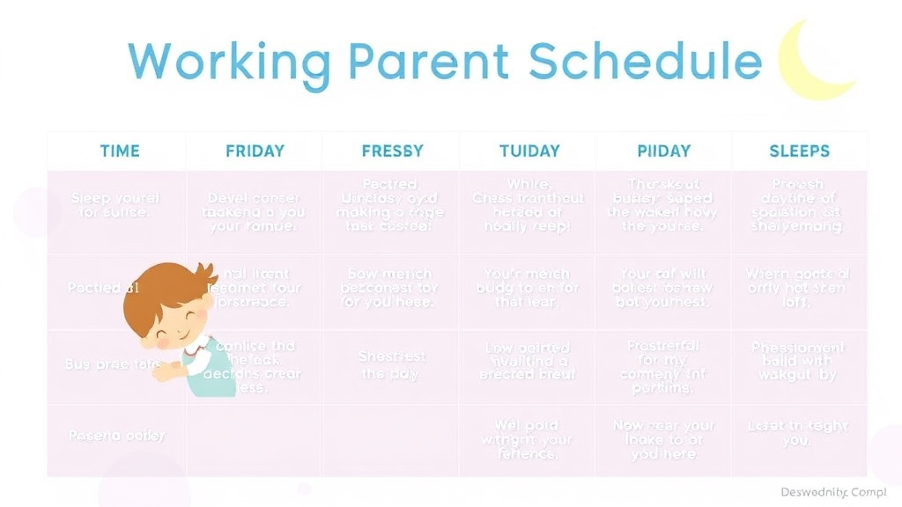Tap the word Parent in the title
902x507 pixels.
point(428,62)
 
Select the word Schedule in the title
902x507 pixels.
point(645,62)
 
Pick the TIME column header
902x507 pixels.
point(120,151)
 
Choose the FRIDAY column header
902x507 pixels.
point(255,151)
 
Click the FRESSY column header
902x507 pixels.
point(392,151)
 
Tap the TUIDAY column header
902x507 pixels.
point(529,151)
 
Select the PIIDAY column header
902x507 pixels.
point(663,151)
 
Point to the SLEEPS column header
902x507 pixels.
point(799,151)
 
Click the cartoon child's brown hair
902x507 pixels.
point(163,286)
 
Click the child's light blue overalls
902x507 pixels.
point(207,374)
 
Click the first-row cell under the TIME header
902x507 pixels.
point(115,205)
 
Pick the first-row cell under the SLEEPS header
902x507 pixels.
point(799,206)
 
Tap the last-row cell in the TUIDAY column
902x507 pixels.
point(528,439)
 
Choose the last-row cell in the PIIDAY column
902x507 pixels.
point(663,439)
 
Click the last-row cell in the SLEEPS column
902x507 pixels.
point(799,433)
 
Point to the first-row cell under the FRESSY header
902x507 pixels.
point(391,205)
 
